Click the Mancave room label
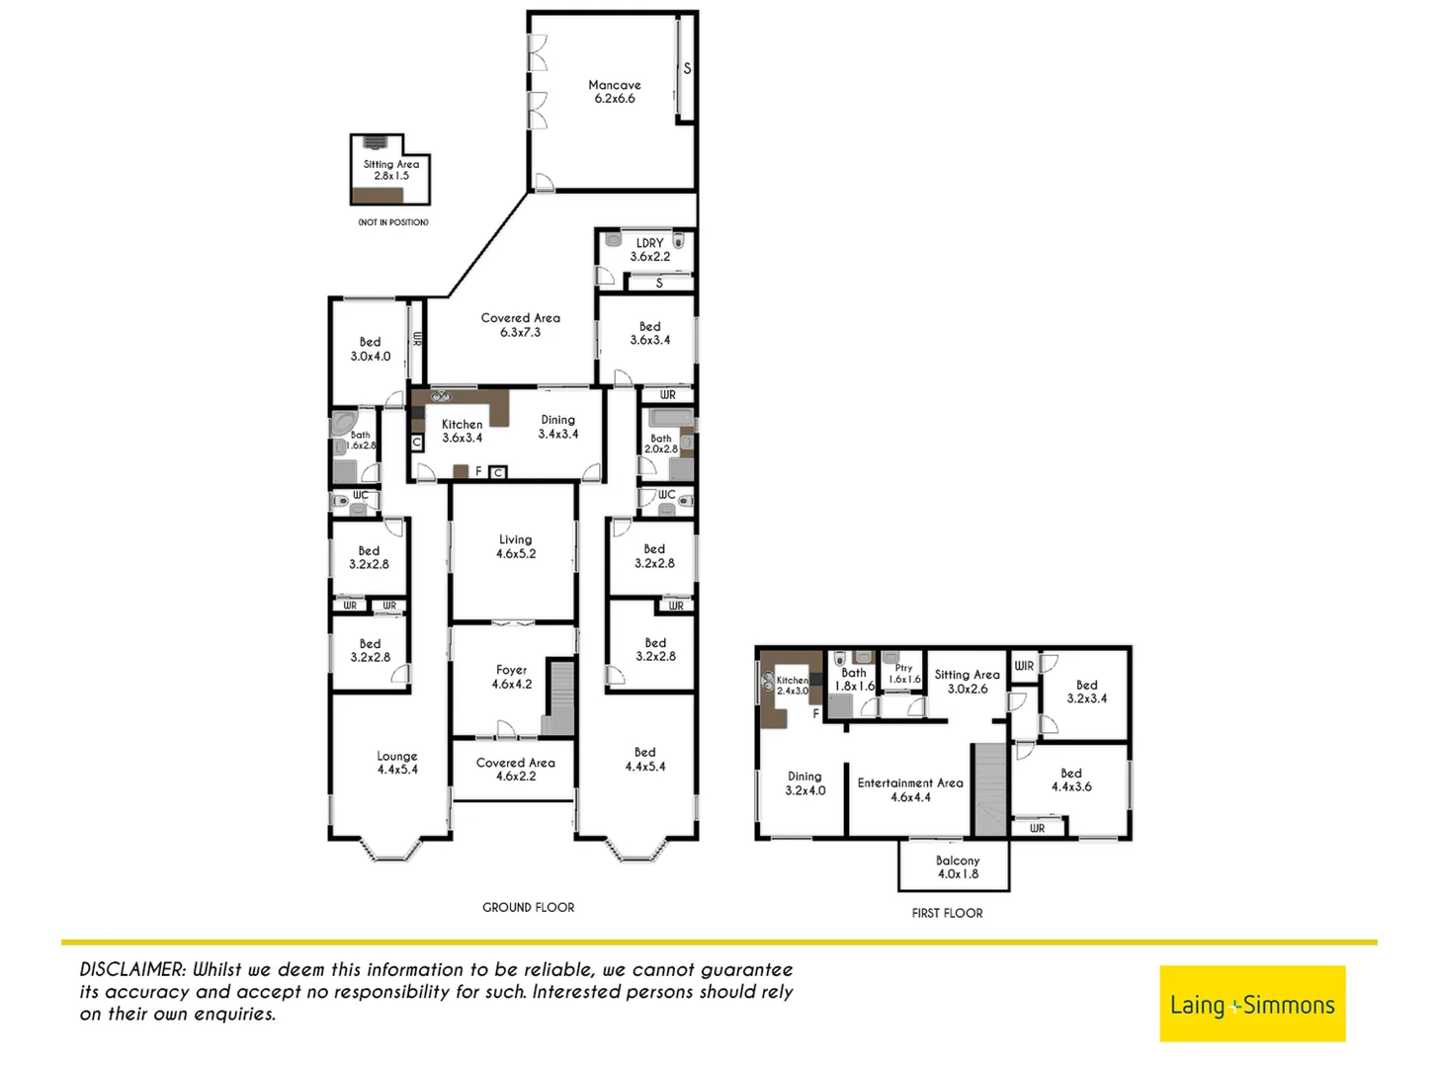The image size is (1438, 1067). coord(614,92)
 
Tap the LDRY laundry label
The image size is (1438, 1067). coord(649,250)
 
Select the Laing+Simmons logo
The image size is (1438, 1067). coord(1251,1004)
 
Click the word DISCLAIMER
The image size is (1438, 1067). coord(132,970)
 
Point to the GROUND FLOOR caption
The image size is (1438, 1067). coord(528,907)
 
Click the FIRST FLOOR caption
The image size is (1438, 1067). coord(947,913)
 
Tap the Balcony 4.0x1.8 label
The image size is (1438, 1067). coord(957,867)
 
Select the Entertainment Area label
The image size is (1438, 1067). coord(909,789)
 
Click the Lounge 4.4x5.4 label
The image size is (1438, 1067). coord(396,763)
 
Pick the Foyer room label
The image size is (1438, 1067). coord(511,677)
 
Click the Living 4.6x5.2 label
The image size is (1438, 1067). coord(515,546)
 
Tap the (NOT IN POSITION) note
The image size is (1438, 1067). coord(393,222)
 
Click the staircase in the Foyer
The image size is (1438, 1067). coord(560,698)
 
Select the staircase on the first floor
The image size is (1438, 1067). coord(989,790)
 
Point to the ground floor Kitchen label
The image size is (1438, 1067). coord(462,431)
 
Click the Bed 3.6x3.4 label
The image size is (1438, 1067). coord(649,333)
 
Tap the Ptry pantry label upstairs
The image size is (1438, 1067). coord(903,674)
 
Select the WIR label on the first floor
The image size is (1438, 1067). coord(1024,666)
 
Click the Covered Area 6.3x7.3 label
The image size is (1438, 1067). coord(520,325)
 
